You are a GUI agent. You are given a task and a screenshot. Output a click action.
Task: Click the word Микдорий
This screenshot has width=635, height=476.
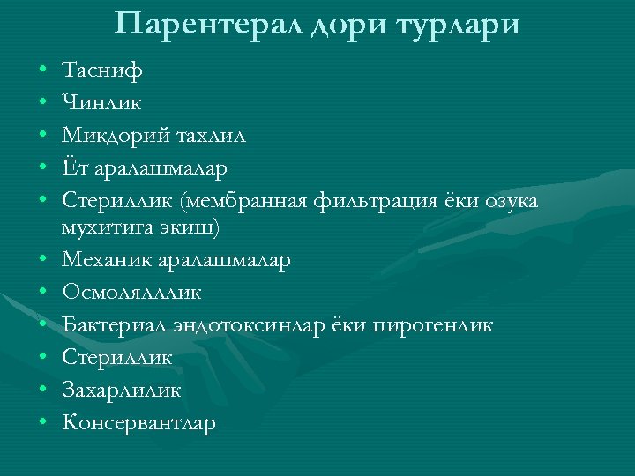click(112, 137)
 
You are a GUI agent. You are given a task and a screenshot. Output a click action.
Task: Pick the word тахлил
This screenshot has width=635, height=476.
click(212, 137)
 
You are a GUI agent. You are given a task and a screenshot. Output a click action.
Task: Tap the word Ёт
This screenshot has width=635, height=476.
click(74, 167)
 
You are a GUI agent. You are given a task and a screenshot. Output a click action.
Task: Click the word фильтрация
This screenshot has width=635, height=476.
click(367, 203)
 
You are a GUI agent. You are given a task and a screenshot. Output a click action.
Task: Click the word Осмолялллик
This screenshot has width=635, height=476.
click(132, 294)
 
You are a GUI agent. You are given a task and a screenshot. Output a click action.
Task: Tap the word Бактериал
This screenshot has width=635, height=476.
click(113, 325)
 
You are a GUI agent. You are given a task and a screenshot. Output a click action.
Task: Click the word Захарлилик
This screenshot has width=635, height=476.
click(122, 390)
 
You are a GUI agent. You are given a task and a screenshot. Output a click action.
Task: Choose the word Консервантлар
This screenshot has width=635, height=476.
click(139, 423)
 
